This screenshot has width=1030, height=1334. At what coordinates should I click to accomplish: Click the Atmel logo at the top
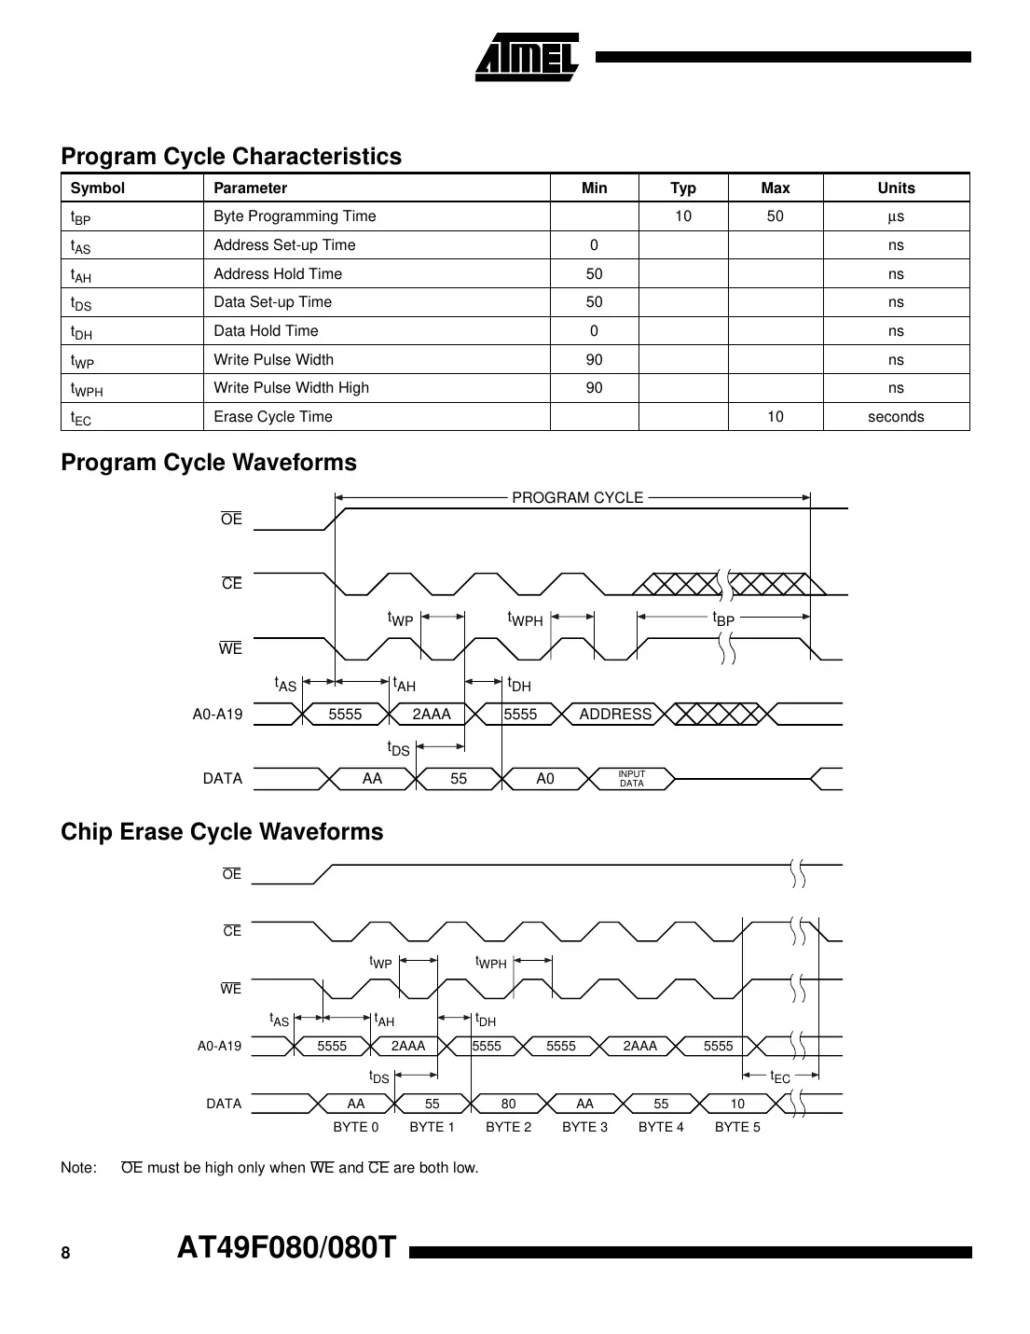pos(527,58)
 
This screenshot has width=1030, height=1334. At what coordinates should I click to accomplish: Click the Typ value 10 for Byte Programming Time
pos(683,216)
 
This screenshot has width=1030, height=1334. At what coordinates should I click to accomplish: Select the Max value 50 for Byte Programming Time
pos(775,216)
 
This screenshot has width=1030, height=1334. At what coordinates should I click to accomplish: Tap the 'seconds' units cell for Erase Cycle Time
pos(896,417)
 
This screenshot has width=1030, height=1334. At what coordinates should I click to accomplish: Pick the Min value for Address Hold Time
pos(594,274)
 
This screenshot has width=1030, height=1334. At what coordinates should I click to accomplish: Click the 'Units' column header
pos(896,188)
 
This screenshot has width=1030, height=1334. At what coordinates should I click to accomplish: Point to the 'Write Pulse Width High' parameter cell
pos(291,388)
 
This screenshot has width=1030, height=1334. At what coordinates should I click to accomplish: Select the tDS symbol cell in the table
pos(81,303)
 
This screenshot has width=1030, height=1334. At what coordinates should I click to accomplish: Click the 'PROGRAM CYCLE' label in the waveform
pos(577,498)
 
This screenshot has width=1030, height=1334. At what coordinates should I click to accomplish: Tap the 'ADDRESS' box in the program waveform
pos(615,715)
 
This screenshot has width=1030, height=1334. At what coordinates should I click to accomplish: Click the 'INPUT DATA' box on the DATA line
pos(632,779)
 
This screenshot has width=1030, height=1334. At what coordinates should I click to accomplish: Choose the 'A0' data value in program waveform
pos(545,779)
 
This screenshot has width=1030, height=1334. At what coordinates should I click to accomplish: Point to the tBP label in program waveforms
pos(723,618)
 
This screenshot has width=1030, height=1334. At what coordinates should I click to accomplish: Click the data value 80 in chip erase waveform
pos(508,1104)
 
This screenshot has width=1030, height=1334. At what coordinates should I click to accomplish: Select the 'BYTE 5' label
pos(737,1127)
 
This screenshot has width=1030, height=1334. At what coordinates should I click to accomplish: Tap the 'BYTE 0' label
pos(356,1127)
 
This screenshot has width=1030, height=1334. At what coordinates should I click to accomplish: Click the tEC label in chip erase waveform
pos(780,1077)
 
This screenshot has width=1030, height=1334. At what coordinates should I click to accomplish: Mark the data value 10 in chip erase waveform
pos(737,1104)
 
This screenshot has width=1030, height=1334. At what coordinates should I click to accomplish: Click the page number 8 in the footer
pos(65,1254)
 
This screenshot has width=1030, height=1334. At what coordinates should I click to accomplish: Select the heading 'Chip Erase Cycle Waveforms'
pos(222,832)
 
